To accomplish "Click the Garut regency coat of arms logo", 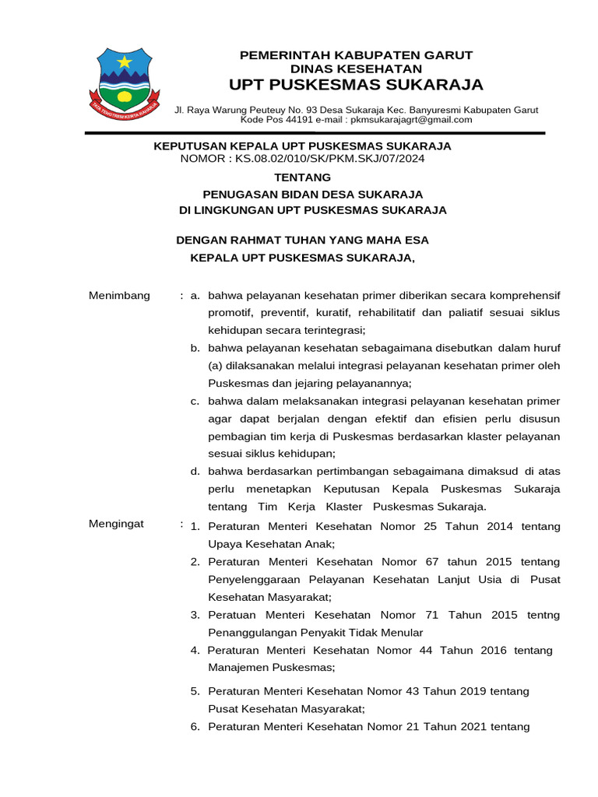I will coord(124,80).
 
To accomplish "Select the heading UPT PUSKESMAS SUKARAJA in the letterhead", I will coord(356,85).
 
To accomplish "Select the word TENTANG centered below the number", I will coord(302,177).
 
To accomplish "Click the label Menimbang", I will coord(119,296).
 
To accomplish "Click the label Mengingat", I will coord(117,524).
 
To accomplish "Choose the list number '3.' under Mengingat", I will coord(195,615).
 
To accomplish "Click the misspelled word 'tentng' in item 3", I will coord(543,615).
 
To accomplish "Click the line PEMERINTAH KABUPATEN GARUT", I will coord(356,55).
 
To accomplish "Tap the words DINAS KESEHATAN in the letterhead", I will coord(356,69).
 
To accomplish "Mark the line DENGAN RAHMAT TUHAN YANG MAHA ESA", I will coord(302,240).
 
